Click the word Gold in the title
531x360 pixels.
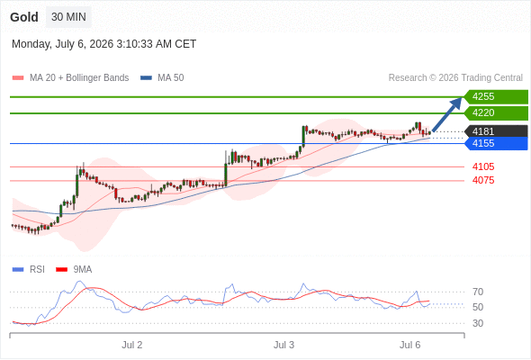24,17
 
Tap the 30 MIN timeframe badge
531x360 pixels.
68,17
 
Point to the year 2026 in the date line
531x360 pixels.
102,44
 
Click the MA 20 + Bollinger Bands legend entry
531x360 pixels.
70,78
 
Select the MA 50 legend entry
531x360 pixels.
162,78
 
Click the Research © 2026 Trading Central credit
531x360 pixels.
455,78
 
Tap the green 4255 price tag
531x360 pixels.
496,97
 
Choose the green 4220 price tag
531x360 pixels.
496,112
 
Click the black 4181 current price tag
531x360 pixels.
496,131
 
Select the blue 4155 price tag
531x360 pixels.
496,144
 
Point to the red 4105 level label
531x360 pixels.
483,166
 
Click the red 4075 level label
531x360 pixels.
483,180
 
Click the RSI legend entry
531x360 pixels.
29,270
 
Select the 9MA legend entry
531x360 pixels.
74,270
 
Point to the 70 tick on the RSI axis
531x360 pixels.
478,292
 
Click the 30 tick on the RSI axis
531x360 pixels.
478,323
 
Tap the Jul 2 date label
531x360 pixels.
132,345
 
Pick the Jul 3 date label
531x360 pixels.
283,345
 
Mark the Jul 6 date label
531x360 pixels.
410,345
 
